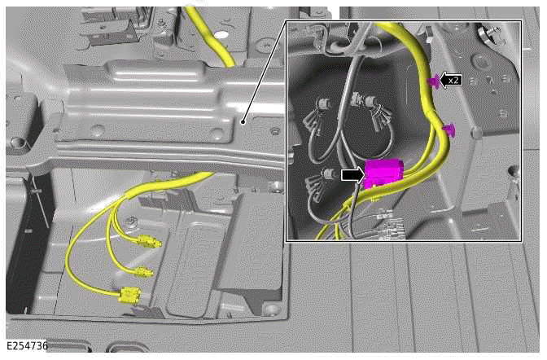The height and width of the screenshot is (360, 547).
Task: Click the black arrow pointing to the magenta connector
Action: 352,173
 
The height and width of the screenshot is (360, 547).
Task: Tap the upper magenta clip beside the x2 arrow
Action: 432,81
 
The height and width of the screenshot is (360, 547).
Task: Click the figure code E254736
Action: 27,347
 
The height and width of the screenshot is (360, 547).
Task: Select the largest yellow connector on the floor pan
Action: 129,295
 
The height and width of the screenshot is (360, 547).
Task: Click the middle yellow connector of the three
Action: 142,271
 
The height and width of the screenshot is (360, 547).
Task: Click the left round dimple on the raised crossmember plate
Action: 97,130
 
